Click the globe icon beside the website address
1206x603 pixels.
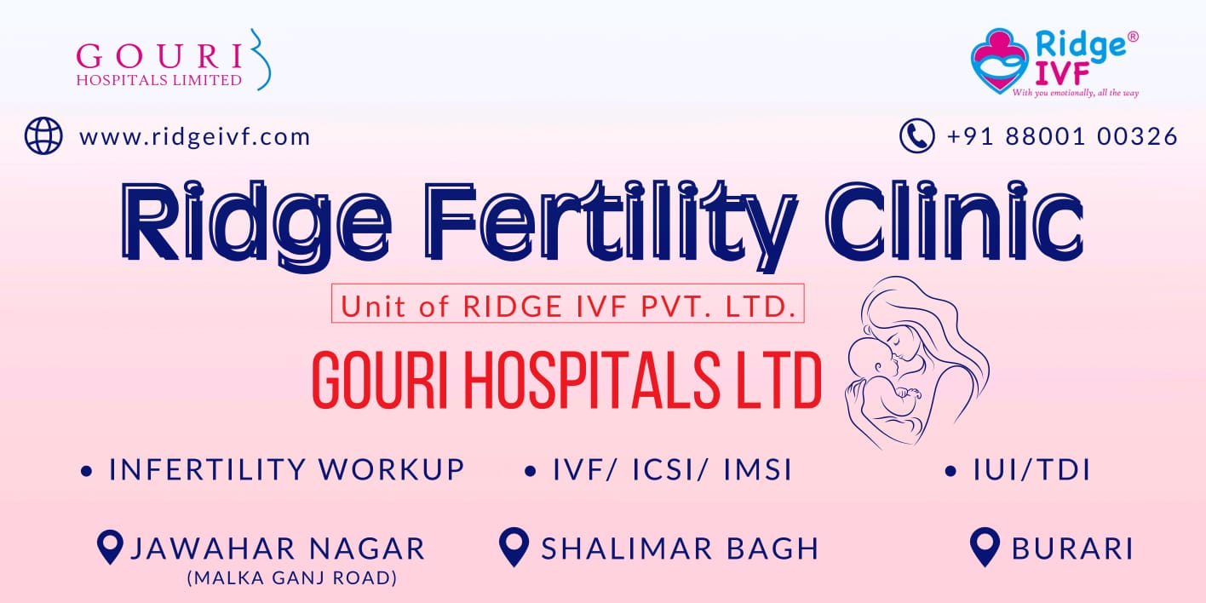(x=43, y=135)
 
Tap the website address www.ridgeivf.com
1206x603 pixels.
(x=195, y=137)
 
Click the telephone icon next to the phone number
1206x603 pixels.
(x=916, y=135)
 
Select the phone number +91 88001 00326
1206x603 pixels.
(x=1062, y=136)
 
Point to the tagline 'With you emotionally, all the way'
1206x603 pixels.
(x=1076, y=93)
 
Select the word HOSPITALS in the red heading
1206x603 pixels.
(x=591, y=380)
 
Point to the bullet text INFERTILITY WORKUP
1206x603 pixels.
(x=286, y=469)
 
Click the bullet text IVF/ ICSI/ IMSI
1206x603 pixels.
(x=673, y=469)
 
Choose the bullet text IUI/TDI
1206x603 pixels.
(x=1031, y=469)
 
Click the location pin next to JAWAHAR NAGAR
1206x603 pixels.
(x=111, y=548)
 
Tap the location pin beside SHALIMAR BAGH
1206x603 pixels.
(x=514, y=547)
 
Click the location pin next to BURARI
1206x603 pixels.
(x=985, y=547)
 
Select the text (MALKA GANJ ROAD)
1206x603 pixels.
(x=292, y=577)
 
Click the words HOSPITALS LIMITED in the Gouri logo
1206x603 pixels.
(x=158, y=80)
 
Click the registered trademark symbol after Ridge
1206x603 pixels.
(x=1133, y=37)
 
